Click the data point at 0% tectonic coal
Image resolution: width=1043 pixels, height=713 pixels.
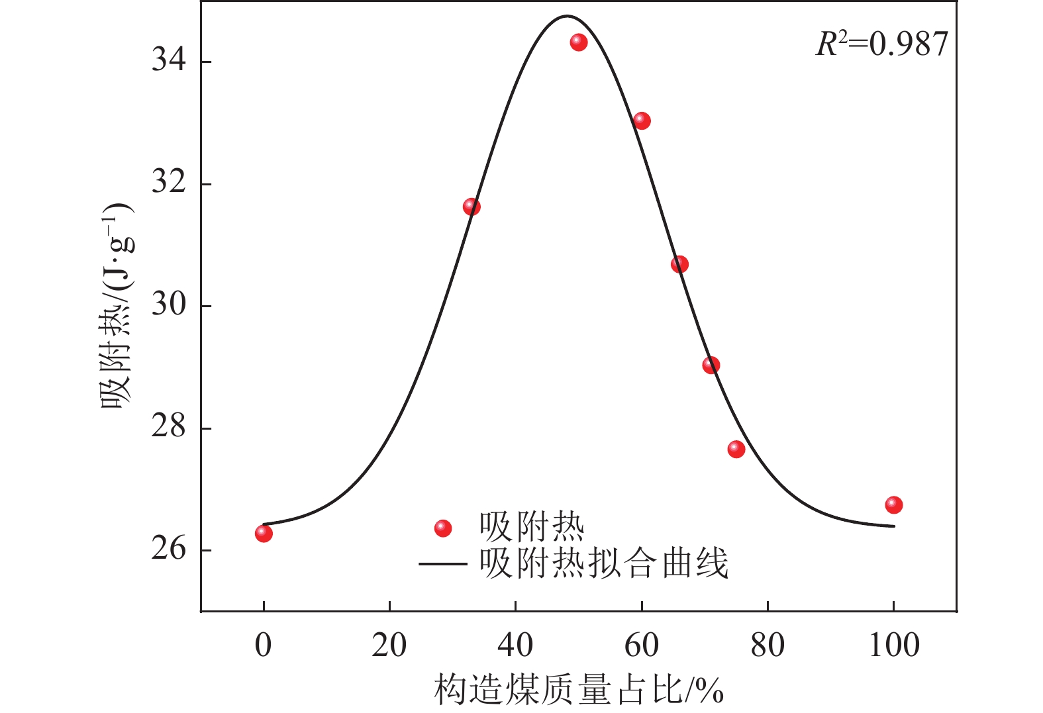pos(264,533)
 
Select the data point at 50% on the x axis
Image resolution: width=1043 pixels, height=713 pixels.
pos(579,42)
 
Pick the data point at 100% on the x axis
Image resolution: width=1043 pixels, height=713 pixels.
pos(893,505)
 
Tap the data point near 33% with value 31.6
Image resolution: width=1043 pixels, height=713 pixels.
pos(472,207)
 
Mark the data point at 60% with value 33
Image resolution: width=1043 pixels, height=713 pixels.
pos(642,120)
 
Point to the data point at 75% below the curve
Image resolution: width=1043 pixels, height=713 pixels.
pos(736,450)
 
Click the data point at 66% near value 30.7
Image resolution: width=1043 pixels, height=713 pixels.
pos(679,265)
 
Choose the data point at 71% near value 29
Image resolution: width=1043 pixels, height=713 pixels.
pos(711,365)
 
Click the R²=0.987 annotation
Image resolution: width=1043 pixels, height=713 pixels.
pos(881,44)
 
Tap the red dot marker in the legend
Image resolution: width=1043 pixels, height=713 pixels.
pos(442,528)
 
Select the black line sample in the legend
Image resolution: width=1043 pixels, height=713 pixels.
pos(442,564)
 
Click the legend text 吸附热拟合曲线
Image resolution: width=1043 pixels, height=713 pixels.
pos(603,564)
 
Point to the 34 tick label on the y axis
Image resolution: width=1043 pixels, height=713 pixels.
pos(169,61)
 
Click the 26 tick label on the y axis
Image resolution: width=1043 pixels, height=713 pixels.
pos(169,549)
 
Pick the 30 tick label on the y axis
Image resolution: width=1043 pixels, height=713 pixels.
pos(169,305)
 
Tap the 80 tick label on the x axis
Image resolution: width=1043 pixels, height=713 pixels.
pos(768,645)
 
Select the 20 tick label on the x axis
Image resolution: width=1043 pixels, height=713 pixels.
pos(389,645)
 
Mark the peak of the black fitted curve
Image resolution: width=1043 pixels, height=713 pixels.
pos(567,16)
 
